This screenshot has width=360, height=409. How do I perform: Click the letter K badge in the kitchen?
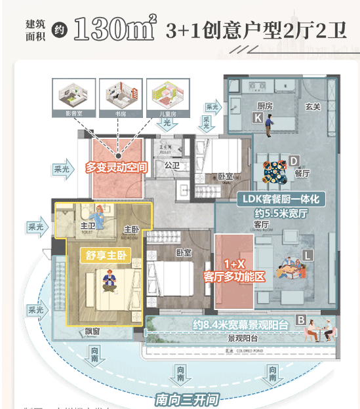tap(258, 117)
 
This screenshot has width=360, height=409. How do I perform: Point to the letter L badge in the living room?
tap(307, 254)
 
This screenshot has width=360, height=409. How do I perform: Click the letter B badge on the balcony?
tap(301, 320)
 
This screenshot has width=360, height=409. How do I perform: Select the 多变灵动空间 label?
tap(117, 168)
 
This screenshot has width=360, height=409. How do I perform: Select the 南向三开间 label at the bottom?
tap(186, 399)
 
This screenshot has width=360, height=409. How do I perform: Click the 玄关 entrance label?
tap(313, 107)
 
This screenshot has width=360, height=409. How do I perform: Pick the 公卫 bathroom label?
tap(172, 165)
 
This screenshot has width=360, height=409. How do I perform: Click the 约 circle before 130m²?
tap(58, 29)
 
